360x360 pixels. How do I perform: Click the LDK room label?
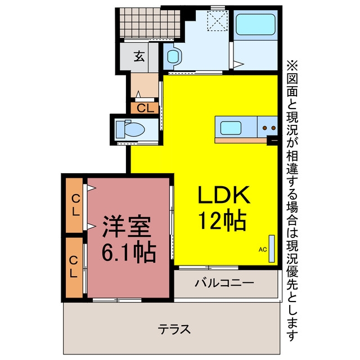pos(224,195)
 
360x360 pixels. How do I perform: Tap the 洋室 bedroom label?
pos(127,227)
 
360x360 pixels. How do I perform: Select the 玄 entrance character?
pos(139,56)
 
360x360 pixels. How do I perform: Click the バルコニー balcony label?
pos(224,282)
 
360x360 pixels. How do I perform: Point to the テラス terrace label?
pos(174,329)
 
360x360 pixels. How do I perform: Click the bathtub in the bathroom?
pos(255,25)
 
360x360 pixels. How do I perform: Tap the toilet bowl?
pos(132,129)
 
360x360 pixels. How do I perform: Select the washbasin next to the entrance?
pos(174,56)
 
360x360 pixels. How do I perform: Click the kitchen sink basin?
pos(231,128)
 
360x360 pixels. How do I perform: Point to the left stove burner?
pos(265,128)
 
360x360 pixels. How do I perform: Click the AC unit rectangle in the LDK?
pos(272,249)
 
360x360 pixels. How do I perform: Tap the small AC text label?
pos(263,249)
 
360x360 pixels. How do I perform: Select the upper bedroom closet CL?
pos(75,205)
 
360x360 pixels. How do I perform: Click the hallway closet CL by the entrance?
pos(145,108)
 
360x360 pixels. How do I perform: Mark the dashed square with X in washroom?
pos(217,21)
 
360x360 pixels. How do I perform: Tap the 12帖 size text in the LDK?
pos(222,220)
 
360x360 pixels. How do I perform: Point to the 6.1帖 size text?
pos(129,252)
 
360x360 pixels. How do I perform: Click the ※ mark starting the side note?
pos(292,65)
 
